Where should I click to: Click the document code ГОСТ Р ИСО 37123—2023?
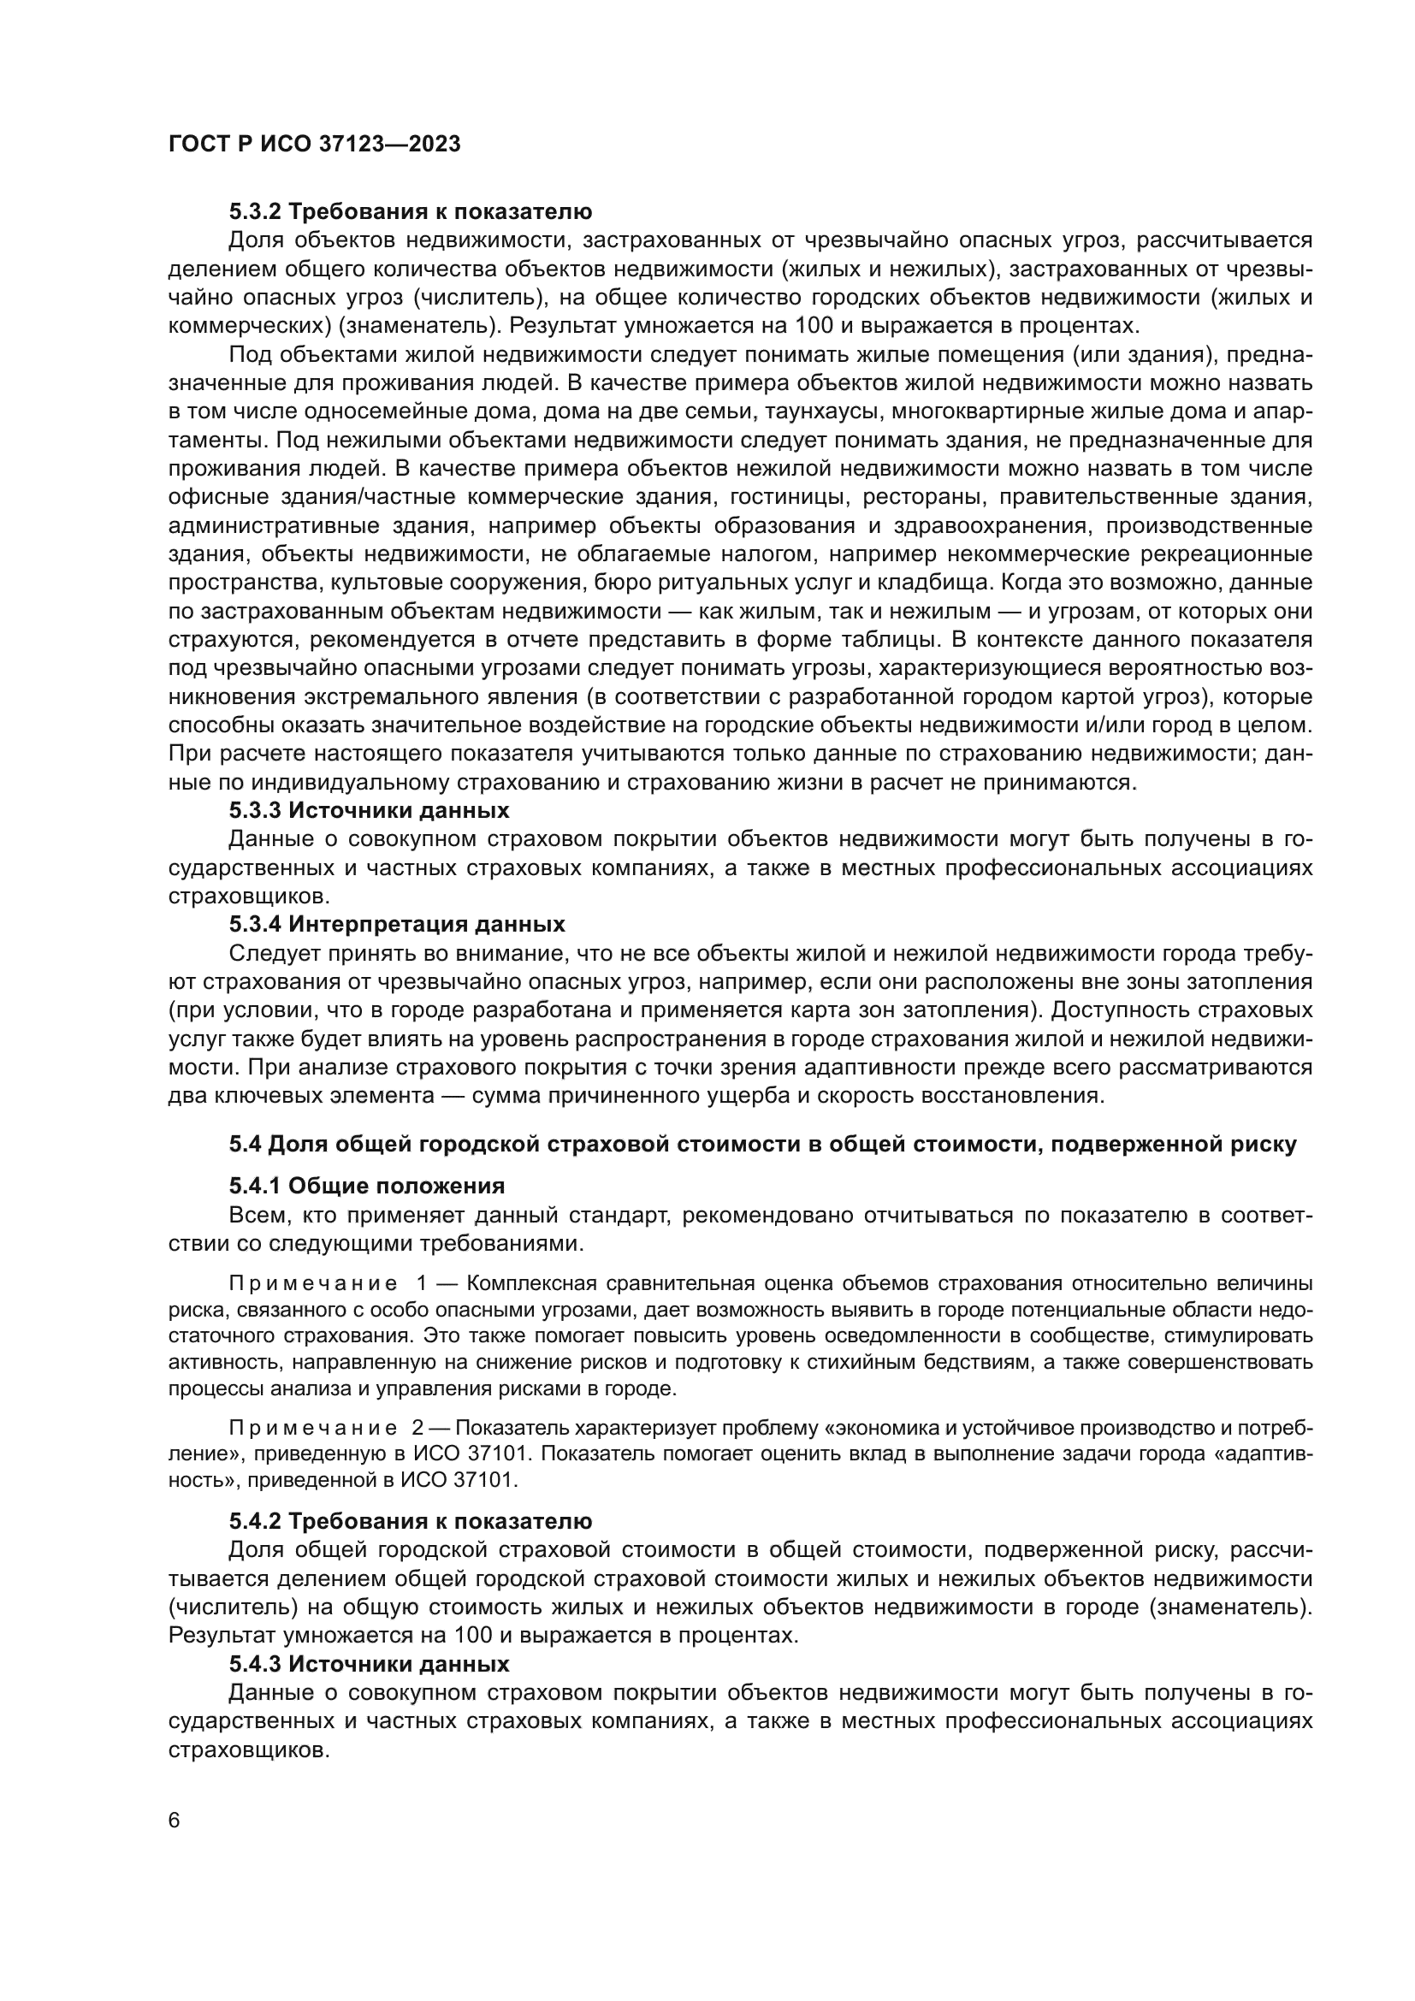[314, 145]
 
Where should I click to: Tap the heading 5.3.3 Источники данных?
[369, 810]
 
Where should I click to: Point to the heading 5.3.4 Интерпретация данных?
[397, 925]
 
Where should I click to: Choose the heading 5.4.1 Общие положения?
[367, 1186]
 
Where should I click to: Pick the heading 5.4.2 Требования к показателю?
[411, 1522]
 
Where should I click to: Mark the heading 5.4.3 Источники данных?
[369, 1664]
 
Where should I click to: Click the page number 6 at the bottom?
[175, 1821]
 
